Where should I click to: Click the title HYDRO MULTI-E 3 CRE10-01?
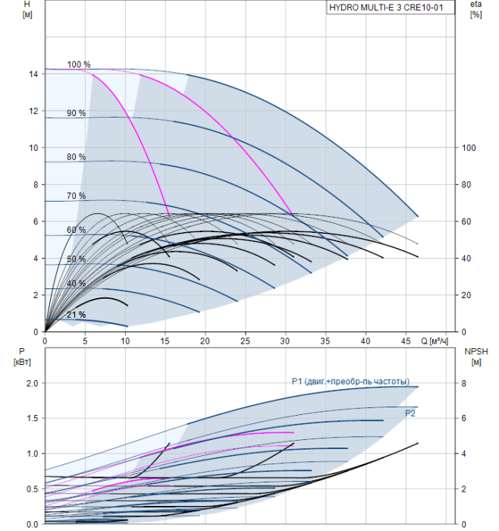[x=391, y=8]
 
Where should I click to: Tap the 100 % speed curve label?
[x=78, y=64]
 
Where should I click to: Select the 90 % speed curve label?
[x=76, y=113]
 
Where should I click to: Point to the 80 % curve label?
[x=76, y=157]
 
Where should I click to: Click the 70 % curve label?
[x=76, y=196]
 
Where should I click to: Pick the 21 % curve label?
[x=76, y=315]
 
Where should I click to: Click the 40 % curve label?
[x=76, y=283]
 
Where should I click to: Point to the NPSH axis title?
[x=477, y=357]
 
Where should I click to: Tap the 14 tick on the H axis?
[x=34, y=74]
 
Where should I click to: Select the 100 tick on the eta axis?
[x=469, y=148]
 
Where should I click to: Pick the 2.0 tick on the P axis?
[x=31, y=383]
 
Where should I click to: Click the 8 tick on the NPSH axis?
[x=464, y=383]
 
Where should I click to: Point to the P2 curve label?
[x=410, y=413]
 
